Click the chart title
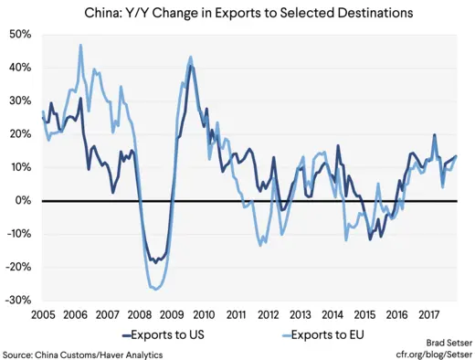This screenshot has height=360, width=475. click(237, 13)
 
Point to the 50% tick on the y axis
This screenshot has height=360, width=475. click(20, 34)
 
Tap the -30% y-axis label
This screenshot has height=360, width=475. click(18, 300)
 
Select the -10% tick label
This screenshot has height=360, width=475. click(18, 234)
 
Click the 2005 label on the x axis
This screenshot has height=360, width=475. click(43, 313)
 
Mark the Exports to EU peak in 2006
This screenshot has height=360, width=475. click(80, 45)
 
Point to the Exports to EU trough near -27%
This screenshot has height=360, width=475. click(156, 289)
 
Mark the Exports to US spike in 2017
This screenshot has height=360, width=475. click(434, 135)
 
